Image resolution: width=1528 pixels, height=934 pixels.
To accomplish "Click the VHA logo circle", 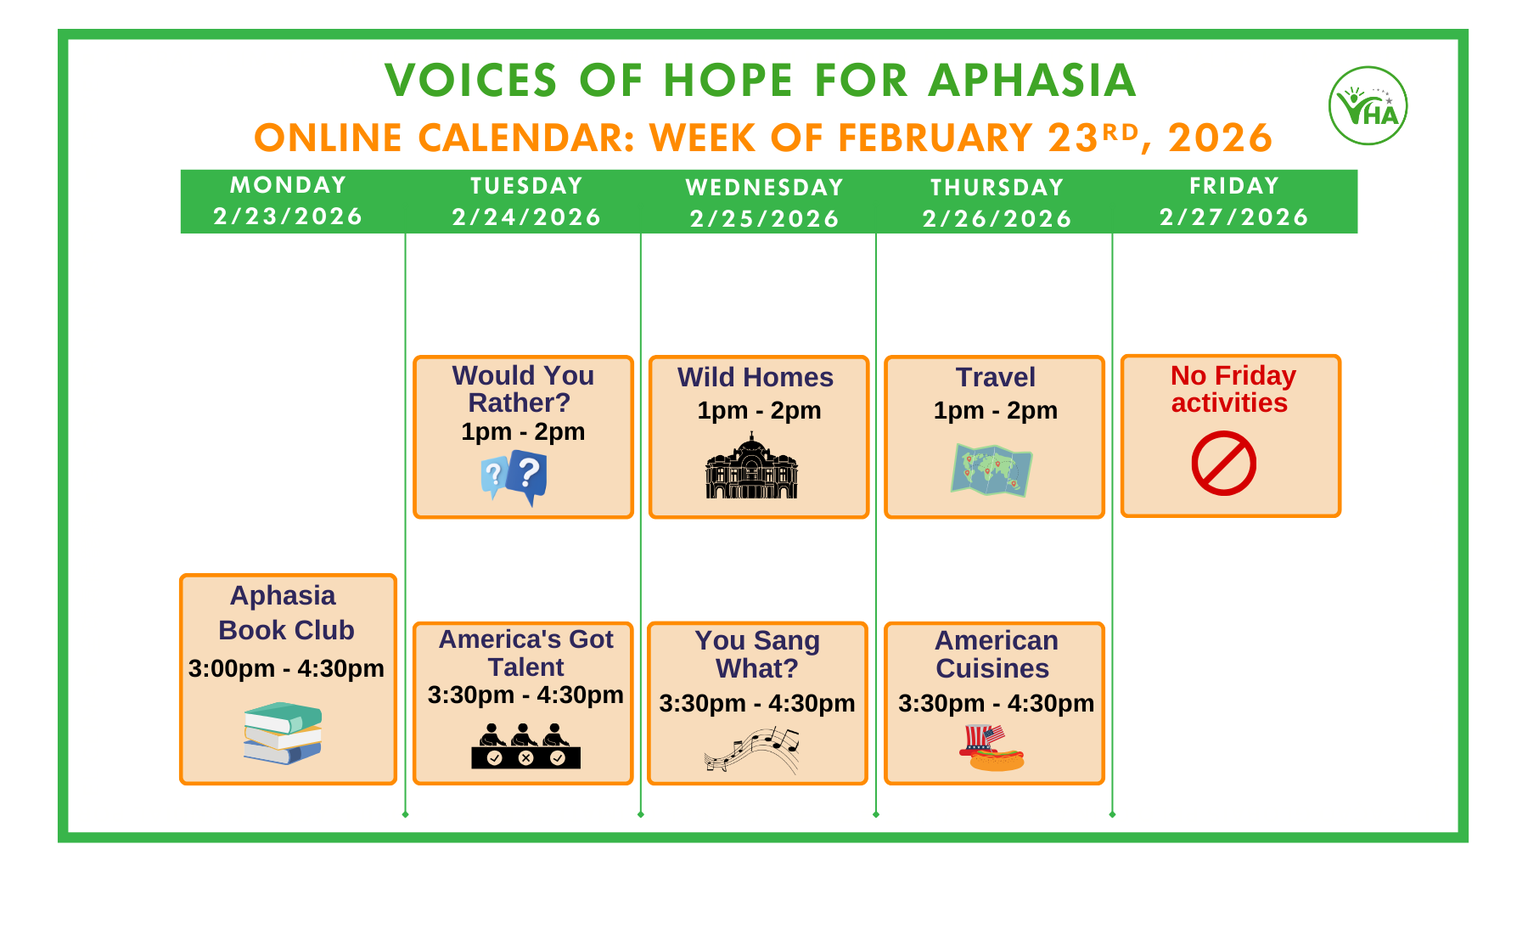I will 1368,106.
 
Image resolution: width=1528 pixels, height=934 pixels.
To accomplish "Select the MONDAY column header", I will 289,185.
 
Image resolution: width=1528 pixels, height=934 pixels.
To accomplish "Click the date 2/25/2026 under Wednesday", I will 764,219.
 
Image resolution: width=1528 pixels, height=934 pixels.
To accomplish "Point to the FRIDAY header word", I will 1233,186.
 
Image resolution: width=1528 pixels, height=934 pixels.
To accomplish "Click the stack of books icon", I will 283,733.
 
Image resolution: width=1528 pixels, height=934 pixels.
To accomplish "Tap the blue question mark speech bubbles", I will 514,478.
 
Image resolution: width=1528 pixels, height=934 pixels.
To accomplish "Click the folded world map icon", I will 991,470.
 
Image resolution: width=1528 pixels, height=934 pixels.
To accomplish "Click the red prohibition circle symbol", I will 1223,464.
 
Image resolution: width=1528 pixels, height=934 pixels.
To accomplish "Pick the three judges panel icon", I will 525,746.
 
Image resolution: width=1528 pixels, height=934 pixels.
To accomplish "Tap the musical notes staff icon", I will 752,749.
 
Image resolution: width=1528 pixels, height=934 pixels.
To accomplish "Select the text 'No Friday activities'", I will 1232,389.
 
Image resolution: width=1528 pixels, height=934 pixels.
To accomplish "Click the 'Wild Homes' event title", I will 755,377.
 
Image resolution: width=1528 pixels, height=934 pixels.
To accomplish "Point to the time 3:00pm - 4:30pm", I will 286,668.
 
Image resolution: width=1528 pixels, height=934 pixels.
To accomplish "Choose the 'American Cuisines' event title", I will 995,654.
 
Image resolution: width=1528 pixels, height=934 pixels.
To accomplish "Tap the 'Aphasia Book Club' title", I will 285,613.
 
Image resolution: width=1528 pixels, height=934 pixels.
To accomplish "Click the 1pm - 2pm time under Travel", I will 995,410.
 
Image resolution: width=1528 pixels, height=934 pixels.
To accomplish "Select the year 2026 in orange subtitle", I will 1219,138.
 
